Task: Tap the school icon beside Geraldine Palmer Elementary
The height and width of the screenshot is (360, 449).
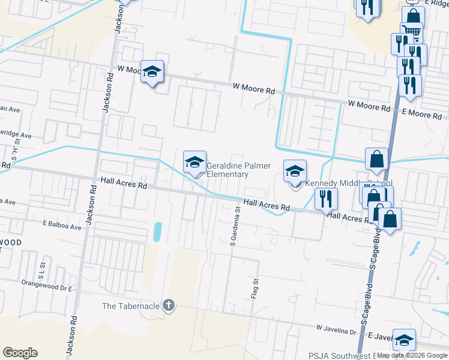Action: [194, 162]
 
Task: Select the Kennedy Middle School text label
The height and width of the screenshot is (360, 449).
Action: [349, 184]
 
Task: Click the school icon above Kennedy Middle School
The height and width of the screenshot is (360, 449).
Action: [295, 172]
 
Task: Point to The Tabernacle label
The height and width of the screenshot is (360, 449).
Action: [130, 306]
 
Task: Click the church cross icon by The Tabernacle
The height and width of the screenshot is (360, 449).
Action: [169, 305]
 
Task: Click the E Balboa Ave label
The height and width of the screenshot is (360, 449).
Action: [61, 227]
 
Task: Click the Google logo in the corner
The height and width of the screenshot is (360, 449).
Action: [20, 353]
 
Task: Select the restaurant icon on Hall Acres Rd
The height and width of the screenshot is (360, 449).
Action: [326, 197]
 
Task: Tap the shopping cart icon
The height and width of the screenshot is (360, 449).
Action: [412, 32]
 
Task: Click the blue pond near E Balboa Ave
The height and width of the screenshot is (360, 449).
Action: [157, 232]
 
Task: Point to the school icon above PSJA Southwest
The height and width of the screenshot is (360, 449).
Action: [404, 340]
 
